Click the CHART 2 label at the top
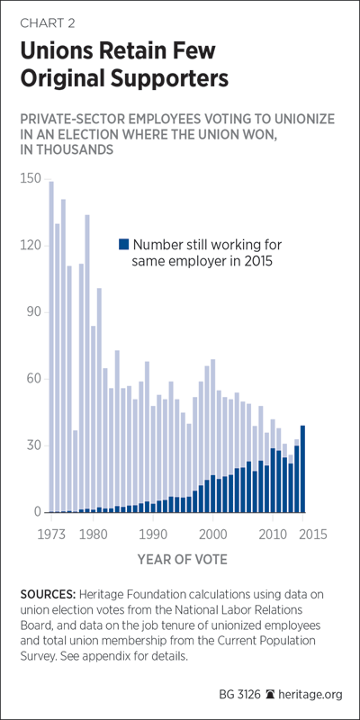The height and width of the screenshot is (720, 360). pyautogui.click(x=48, y=24)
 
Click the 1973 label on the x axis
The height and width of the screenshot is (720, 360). pyautogui.click(x=51, y=534)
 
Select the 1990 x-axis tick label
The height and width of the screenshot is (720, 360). pyautogui.click(x=152, y=534)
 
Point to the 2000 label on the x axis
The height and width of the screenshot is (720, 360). pyautogui.click(x=212, y=534)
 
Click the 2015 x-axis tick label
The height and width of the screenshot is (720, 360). pyautogui.click(x=312, y=534)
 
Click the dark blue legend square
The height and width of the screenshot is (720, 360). pyautogui.click(x=123, y=244)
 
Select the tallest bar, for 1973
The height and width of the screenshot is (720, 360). pyautogui.click(x=51, y=346)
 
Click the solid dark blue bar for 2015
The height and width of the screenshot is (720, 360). pyautogui.click(x=302, y=469)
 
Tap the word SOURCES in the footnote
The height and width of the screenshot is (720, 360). pyautogui.click(x=48, y=594)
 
